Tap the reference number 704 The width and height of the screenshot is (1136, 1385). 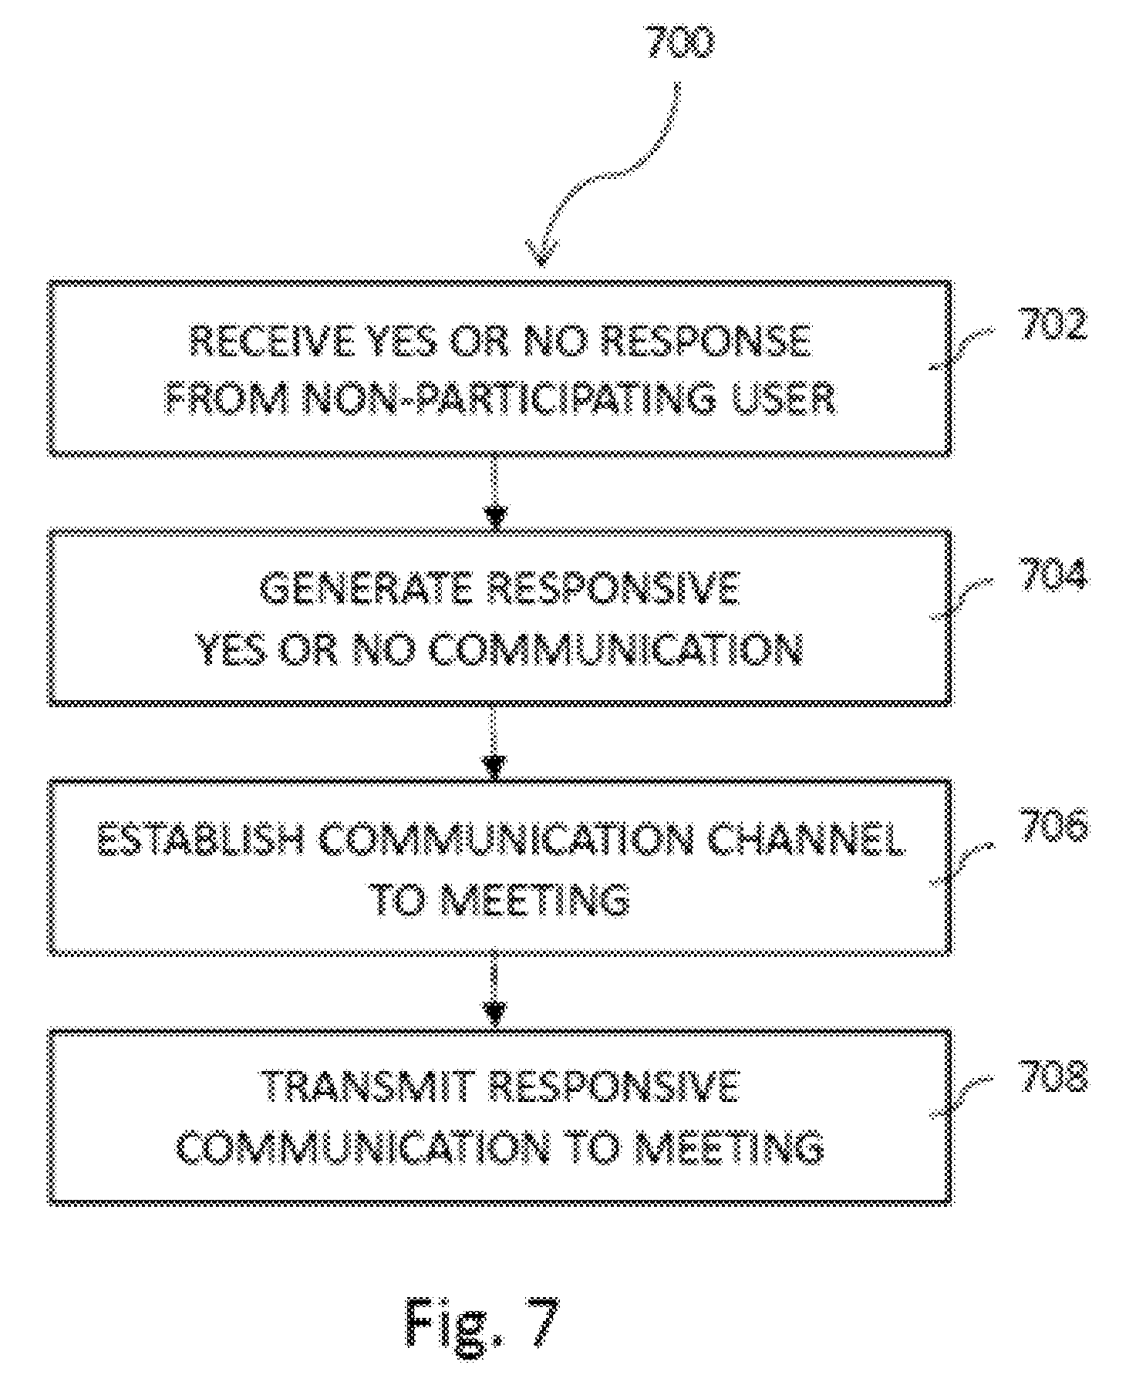pyautogui.click(x=1053, y=575)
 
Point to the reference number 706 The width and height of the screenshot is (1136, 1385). pyautogui.click(x=1053, y=826)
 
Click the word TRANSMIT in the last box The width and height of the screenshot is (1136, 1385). pyautogui.click(x=368, y=1087)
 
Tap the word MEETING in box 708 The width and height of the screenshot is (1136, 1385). pyautogui.click(x=729, y=1147)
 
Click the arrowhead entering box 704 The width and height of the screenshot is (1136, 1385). pyautogui.click(x=496, y=517)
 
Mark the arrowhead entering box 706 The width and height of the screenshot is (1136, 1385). pyautogui.click(x=494, y=767)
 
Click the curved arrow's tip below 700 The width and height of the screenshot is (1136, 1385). pyautogui.click(x=542, y=264)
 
